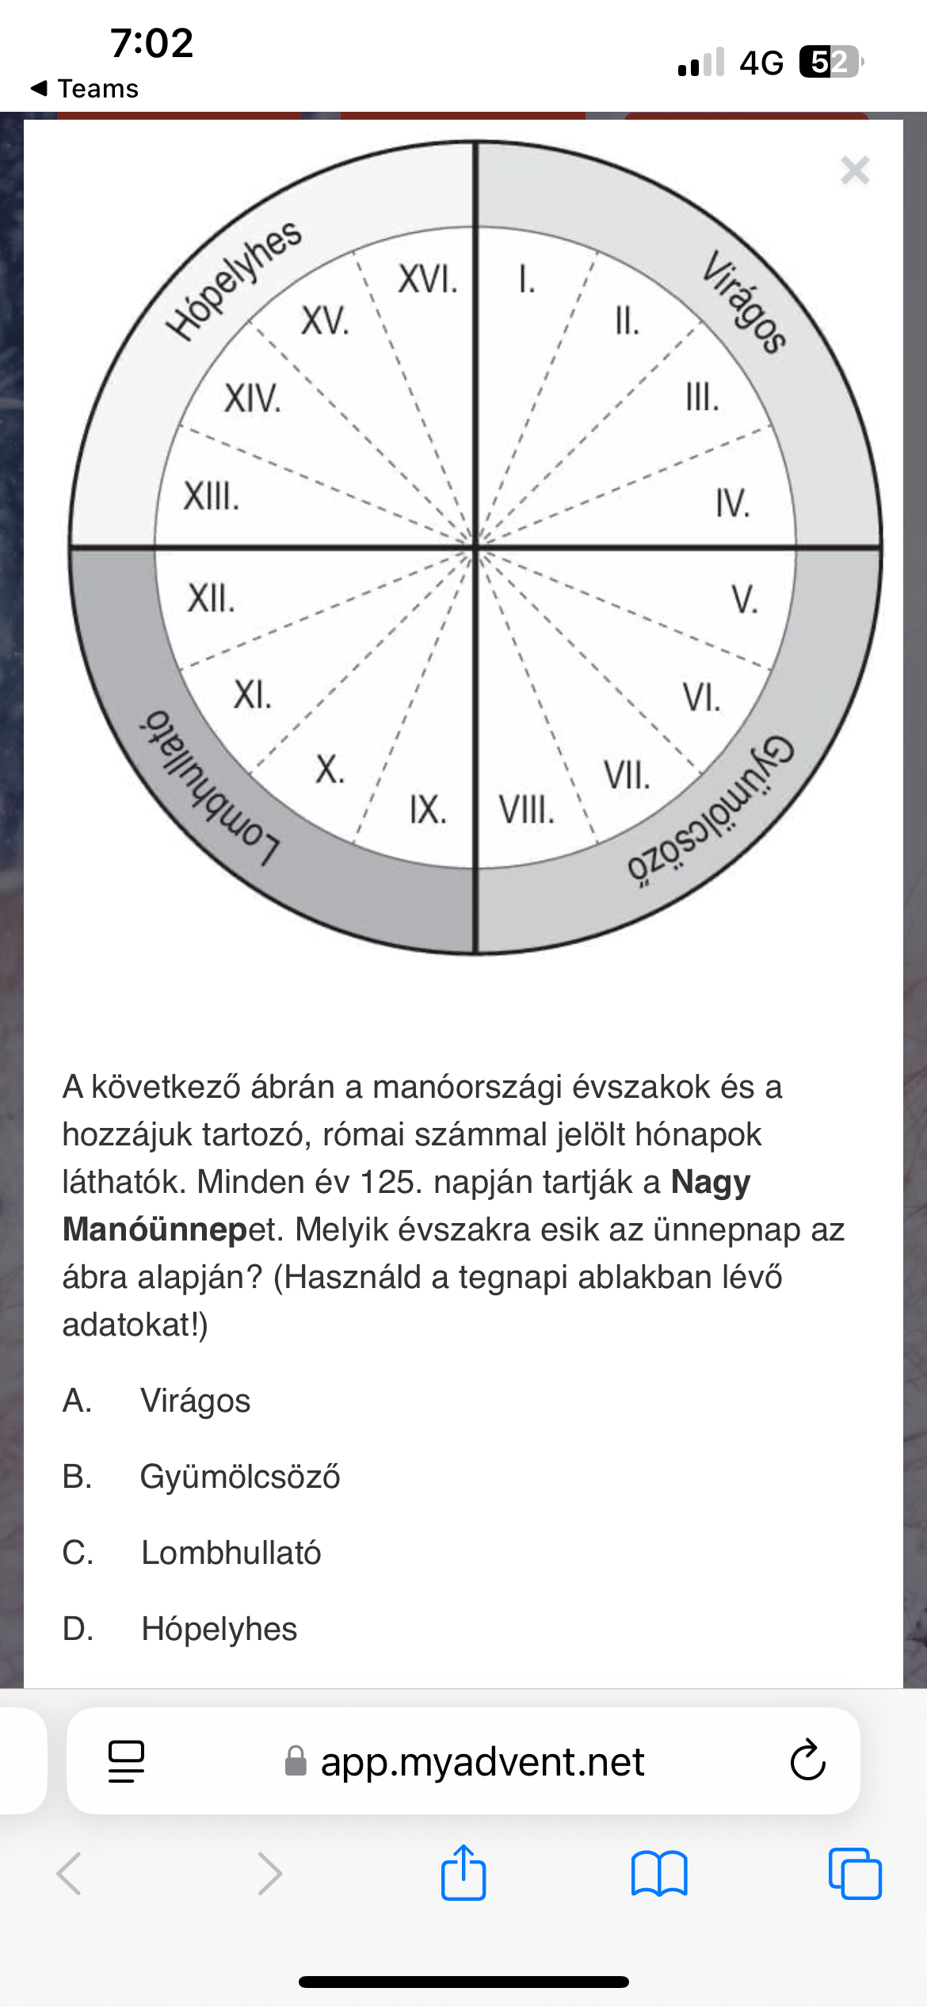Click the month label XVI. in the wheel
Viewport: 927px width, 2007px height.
428,280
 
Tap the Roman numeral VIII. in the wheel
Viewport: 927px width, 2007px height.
526,810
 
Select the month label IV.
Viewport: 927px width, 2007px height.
732,503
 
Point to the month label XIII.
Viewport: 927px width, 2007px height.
212,497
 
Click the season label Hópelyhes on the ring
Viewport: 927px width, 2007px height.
235,279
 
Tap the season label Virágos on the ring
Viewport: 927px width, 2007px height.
744,301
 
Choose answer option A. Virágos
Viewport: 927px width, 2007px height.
195,1401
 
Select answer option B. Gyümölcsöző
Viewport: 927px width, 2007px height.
239,1477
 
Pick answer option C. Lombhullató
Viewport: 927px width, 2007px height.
231,1553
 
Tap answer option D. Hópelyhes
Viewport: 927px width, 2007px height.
219,1629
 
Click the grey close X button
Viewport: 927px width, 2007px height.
855,170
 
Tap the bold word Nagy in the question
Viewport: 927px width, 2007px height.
710,1182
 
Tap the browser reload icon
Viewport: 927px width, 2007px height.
807,1761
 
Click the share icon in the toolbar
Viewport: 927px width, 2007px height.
463,1873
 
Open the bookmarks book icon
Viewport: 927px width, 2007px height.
659,1873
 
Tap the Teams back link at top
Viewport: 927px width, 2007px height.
85,89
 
